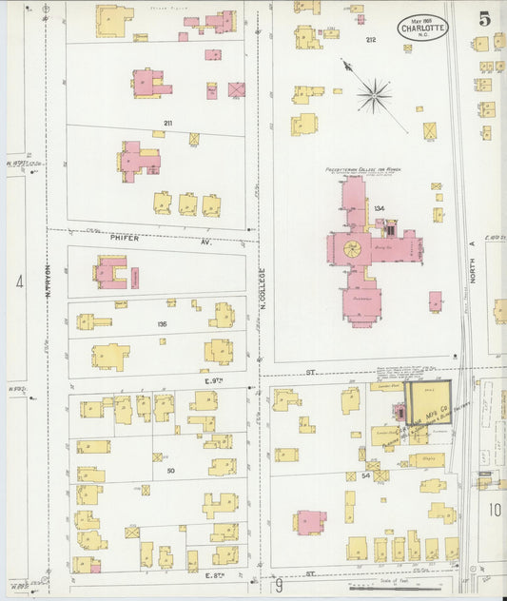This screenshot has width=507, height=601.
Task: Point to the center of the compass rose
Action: tap(375, 93)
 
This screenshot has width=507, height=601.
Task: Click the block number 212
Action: tap(370, 40)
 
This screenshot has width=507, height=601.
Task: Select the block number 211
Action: tap(167, 124)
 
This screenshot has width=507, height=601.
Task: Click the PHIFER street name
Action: tap(124, 238)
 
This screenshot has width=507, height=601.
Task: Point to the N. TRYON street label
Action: tap(48, 281)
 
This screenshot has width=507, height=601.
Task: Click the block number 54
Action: tap(365, 474)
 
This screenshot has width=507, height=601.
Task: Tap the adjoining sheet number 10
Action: tap(495, 510)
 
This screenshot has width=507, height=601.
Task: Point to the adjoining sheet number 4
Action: tap(18, 281)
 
